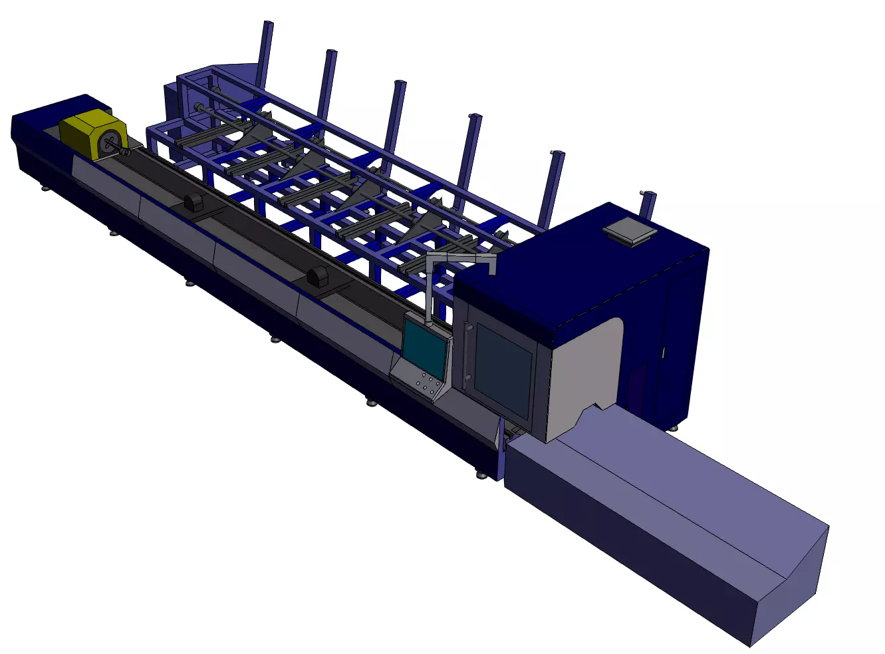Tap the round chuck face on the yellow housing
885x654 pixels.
coord(110,142)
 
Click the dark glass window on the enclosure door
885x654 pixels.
coord(503,369)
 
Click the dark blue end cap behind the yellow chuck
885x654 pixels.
coord(37,133)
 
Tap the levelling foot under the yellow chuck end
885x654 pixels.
coord(45,188)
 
